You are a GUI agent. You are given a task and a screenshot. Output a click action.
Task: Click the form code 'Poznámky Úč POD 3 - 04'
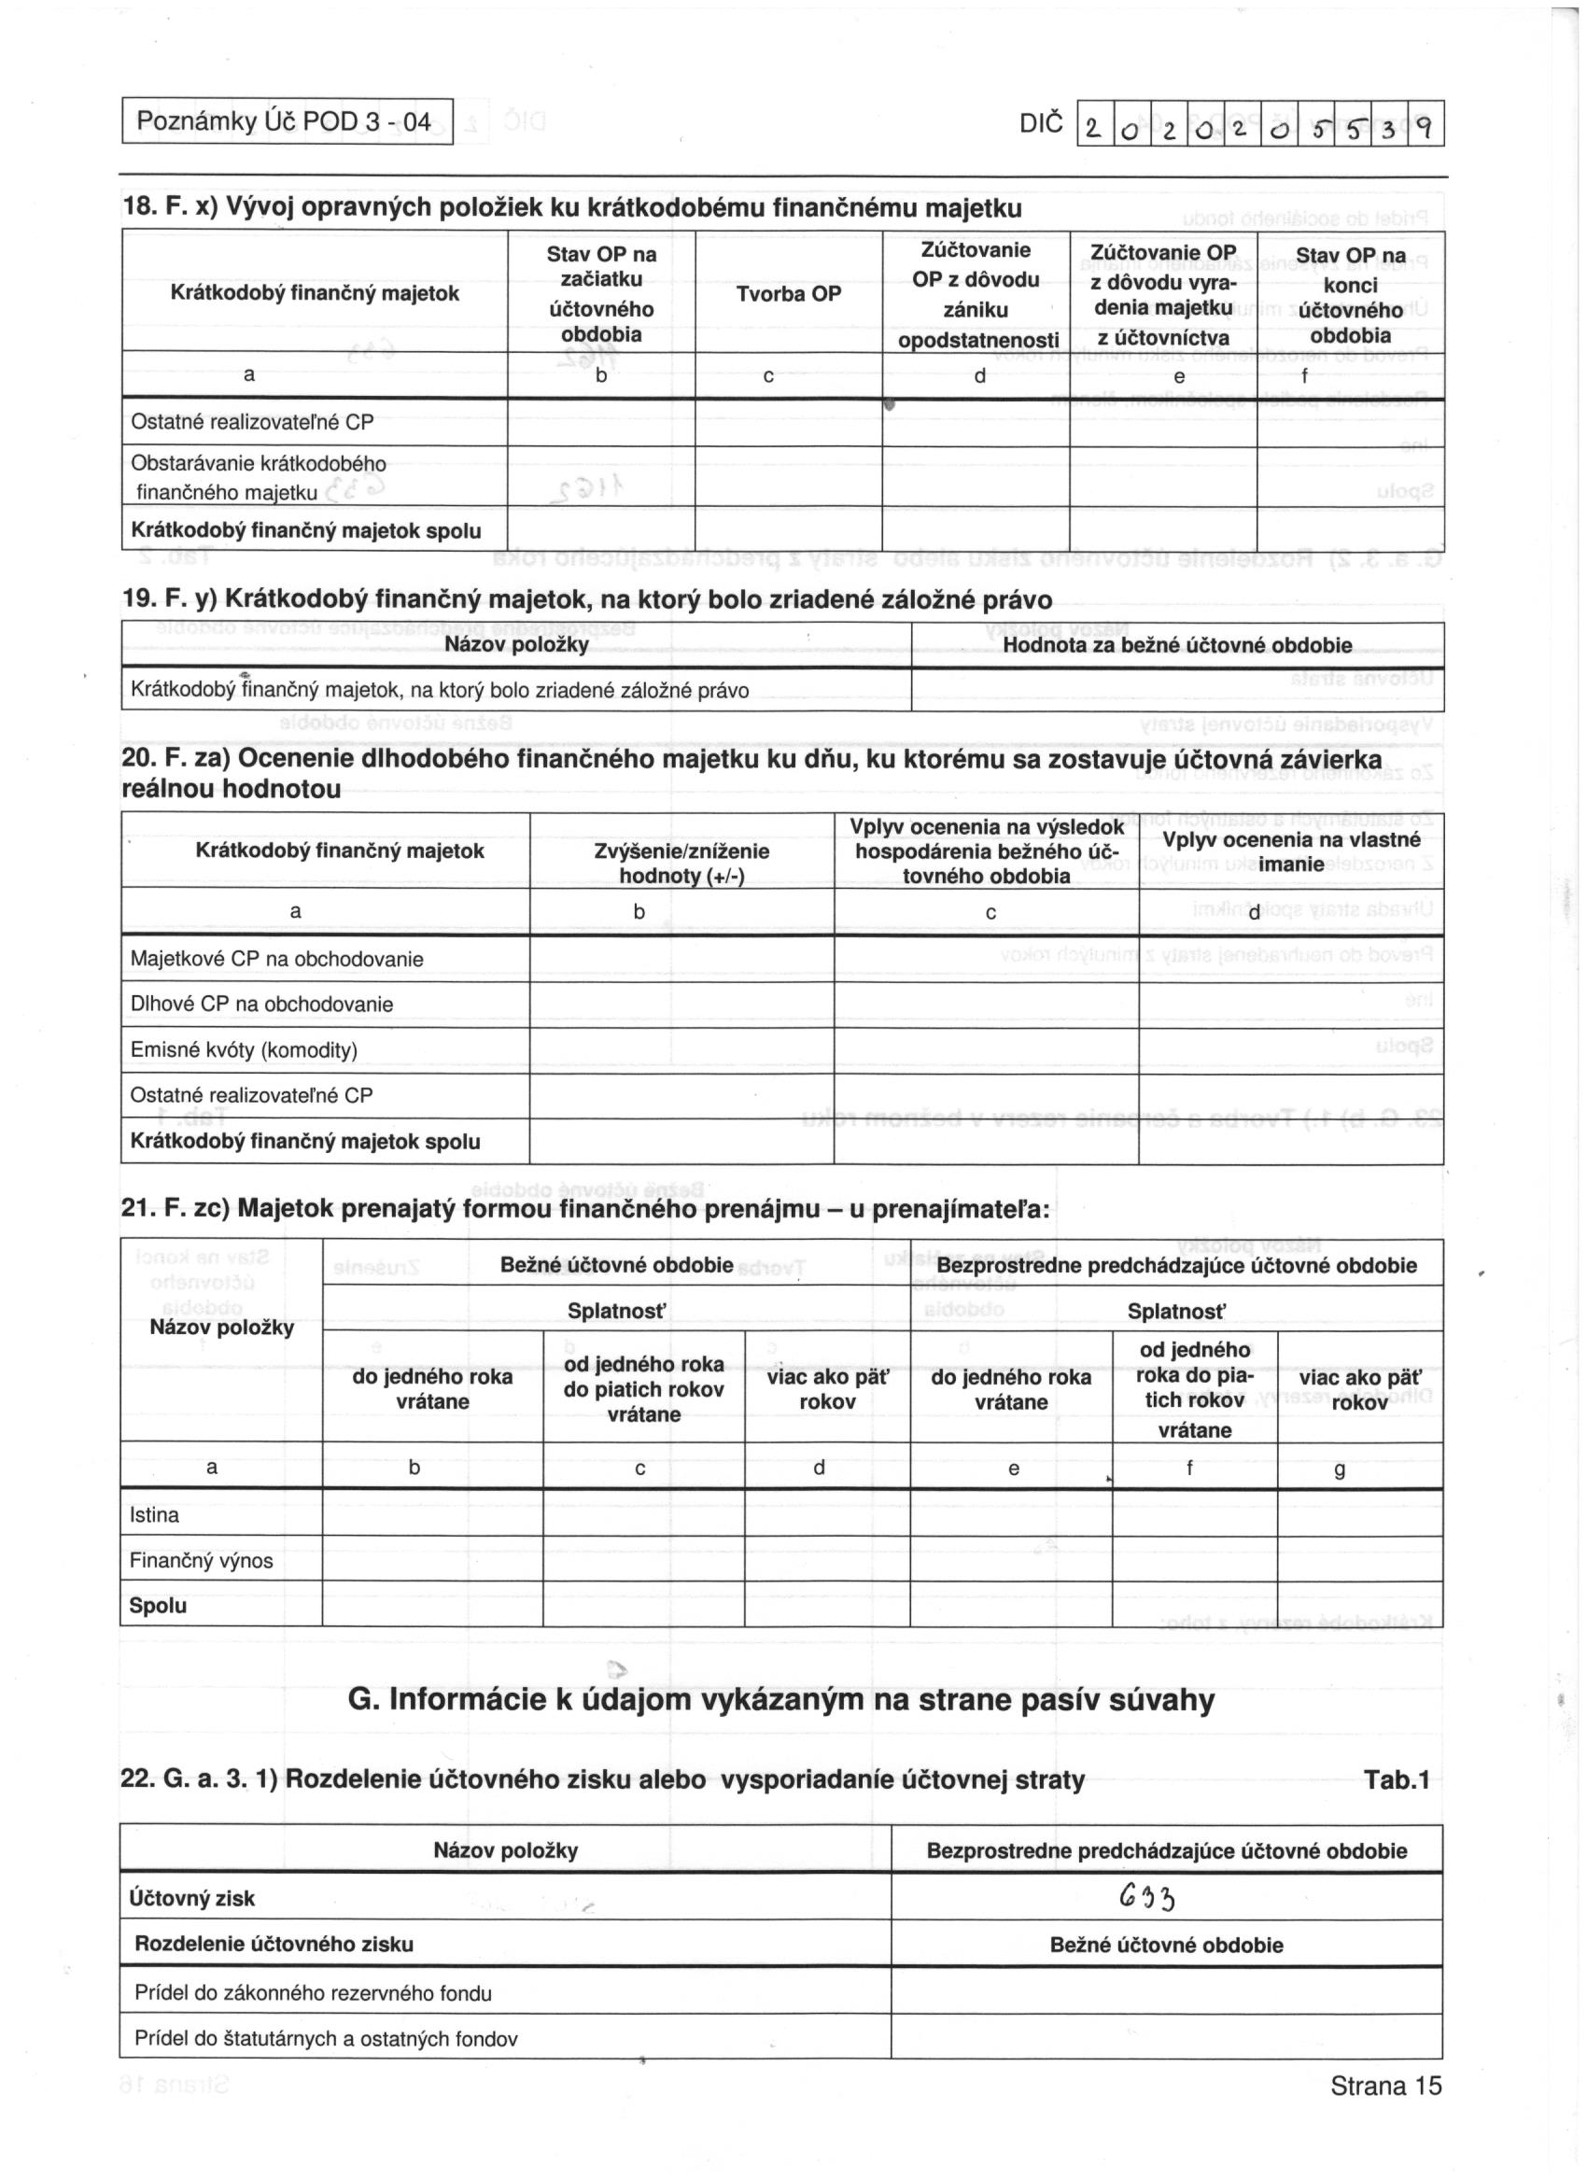coord(285,122)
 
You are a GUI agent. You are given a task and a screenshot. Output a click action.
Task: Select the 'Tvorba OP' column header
coord(788,294)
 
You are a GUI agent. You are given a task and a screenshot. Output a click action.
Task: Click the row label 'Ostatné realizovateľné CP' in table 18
coord(252,422)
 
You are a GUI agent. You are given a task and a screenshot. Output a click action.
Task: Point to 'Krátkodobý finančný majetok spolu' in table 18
coord(305,531)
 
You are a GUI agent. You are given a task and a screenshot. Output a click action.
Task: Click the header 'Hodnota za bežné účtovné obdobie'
coord(1177,646)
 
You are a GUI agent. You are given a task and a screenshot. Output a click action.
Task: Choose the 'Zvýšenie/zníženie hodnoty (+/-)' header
coord(681,863)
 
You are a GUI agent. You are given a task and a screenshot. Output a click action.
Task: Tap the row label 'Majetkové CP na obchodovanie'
coord(276,959)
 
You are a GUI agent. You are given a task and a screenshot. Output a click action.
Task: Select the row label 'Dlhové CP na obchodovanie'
coord(261,1004)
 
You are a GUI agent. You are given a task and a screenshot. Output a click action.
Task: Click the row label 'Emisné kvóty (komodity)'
coord(244,1049)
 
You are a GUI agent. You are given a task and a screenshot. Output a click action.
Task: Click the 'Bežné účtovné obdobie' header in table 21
coord(616,1265)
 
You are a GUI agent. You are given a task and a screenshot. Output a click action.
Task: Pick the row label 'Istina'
coord(155,1515)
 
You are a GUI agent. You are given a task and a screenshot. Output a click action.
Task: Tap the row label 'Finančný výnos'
coord(201,1560)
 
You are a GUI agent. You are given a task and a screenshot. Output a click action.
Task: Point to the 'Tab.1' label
coord(1396,1780)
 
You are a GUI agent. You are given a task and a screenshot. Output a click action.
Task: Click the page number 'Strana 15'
coord(1385,2113)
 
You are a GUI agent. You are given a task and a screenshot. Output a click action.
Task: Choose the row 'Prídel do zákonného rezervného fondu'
coord(313,1993)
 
